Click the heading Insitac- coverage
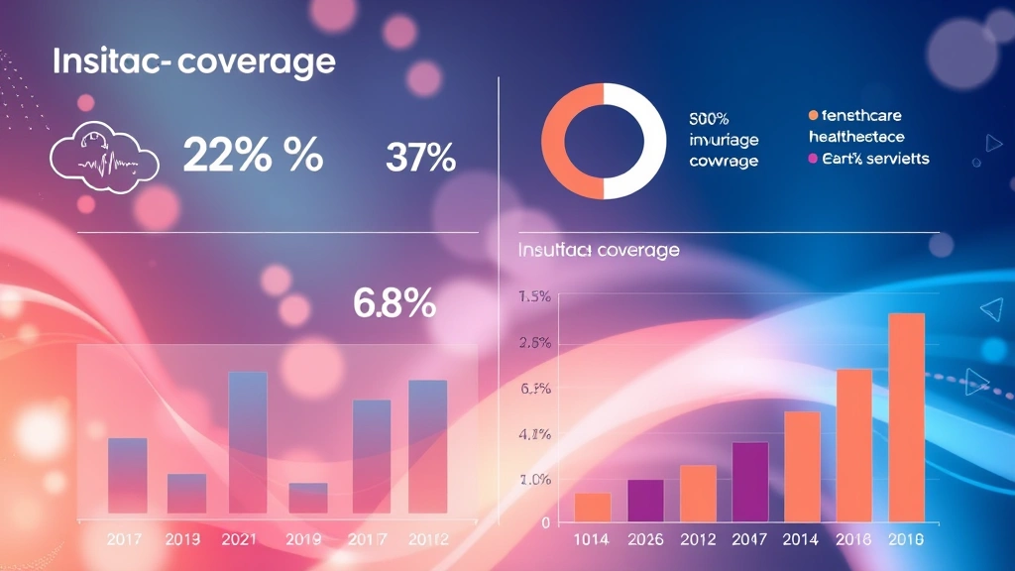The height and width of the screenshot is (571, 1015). coord(193,61)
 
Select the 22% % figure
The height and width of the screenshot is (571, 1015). coord(253,156)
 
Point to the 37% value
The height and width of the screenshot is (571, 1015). coord(419,157)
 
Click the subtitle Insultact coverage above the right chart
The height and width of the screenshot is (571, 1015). coord(599,250)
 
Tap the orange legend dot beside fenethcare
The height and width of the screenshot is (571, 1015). coord(814,116)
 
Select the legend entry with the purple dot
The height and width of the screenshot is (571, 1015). coord(869,159)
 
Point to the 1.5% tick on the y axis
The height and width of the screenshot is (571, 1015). coord(534,296)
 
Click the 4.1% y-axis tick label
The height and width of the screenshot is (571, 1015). coord(534,434)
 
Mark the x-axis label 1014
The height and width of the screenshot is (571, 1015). coord(593,539)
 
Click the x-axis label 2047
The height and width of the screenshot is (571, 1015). coord(749,539)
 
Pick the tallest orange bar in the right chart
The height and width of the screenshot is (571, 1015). coord(906,416)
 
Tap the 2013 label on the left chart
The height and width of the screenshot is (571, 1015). coord(184,539)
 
